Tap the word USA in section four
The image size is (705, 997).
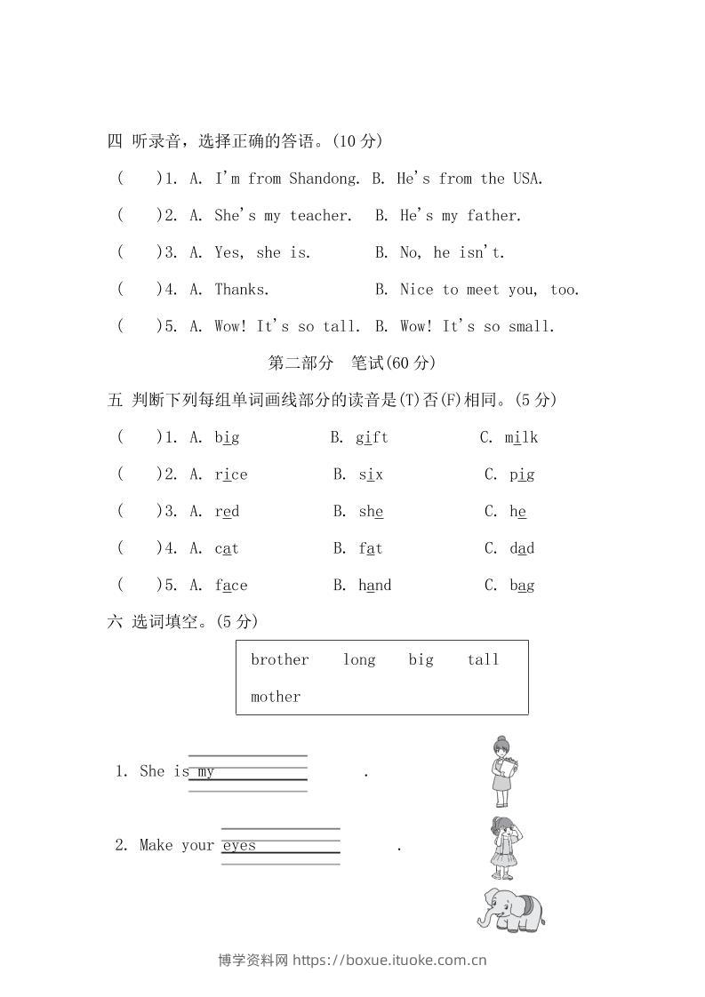[526, 179]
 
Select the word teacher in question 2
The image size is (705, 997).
[321, 216]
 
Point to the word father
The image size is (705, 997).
[493, 216]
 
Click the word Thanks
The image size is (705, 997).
[242, 290]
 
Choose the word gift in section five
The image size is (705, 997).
[372, 437]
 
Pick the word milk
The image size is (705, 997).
[521, 437]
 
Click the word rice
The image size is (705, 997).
[231, 475]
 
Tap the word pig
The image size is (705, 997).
[522, 475]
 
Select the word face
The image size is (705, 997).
[231, 586]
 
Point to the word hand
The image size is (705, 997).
[374, 586]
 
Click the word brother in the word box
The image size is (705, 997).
[280, 659]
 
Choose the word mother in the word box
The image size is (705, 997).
[276, 697]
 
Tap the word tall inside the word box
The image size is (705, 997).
[483, 659]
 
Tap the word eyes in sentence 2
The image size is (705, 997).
[239, 845]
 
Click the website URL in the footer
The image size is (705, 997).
[389, 960]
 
